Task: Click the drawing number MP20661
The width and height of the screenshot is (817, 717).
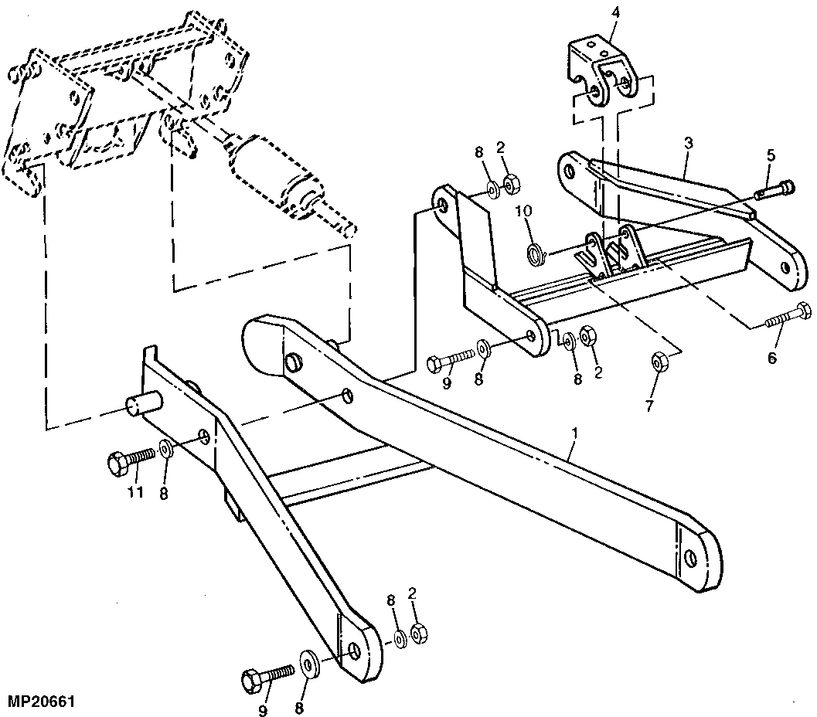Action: click(42, 701)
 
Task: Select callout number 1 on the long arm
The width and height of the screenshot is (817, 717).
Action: click(575, 433)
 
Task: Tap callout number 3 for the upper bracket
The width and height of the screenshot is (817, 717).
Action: click(688, 144)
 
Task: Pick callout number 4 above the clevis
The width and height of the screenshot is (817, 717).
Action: click(615, 12)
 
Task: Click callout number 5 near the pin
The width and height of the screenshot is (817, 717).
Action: click(771, 155)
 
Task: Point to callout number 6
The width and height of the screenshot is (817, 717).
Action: click(772, 358)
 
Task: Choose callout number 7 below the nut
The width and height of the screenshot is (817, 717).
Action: click(649, 406)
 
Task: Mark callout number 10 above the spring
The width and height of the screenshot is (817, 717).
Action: click(524, 212)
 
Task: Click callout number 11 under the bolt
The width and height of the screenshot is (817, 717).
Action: click(135, 491)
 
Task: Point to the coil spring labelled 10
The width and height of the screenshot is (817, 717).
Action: click(536, 254)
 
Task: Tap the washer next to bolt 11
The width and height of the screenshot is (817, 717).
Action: click(166, 448)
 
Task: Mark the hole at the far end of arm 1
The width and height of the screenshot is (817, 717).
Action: click(690, 558)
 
